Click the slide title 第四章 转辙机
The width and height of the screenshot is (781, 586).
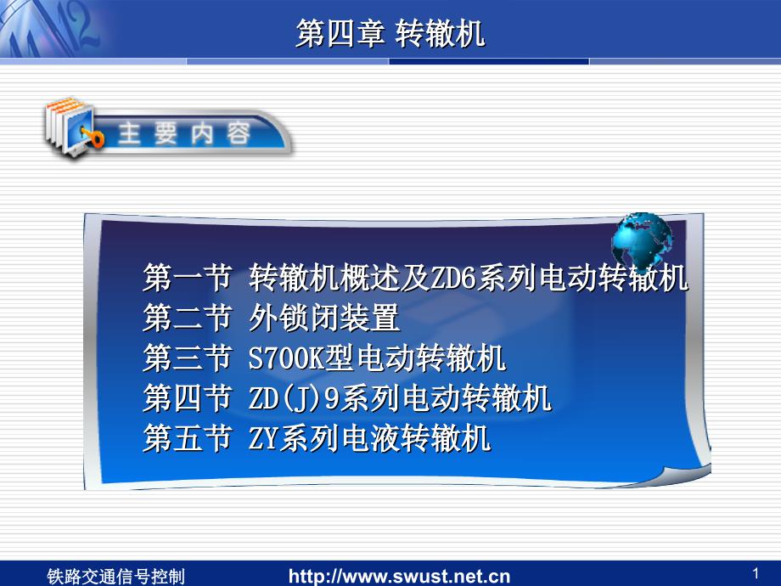pos(390,34)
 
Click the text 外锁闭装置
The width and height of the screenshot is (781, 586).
pos(324,318)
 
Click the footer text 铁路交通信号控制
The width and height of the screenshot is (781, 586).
pos(115,577)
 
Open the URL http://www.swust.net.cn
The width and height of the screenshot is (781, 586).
pos(400,577)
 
